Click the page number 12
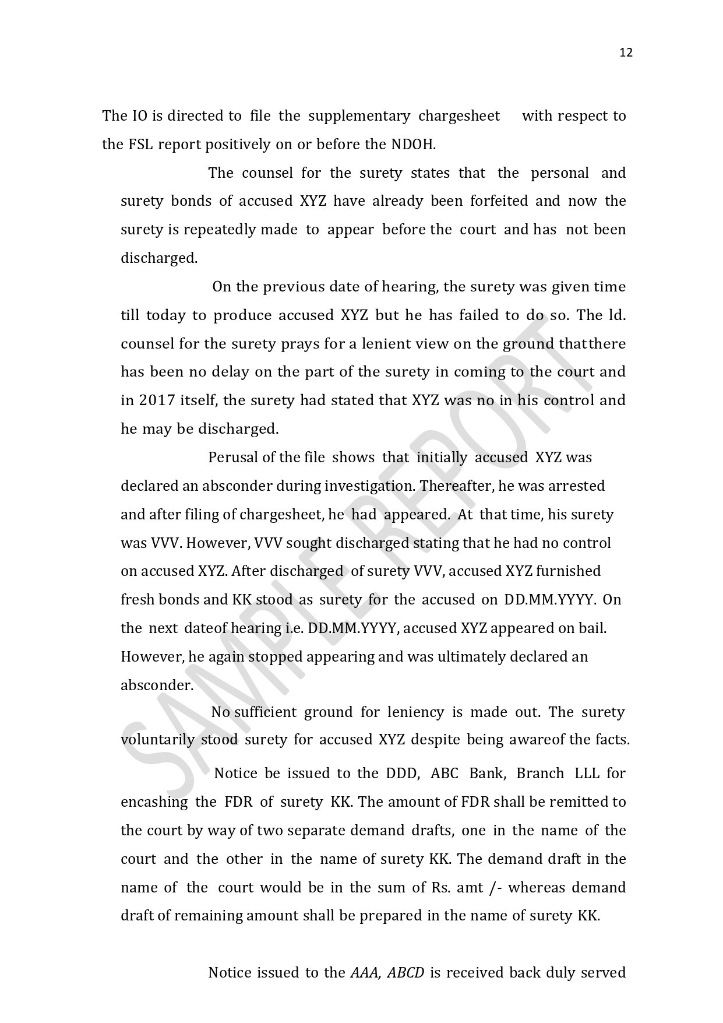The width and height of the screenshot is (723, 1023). (626, 53)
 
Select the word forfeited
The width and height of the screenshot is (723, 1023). (499, 201)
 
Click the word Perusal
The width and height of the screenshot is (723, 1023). (233, 458)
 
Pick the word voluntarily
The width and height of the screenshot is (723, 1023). (157, 740)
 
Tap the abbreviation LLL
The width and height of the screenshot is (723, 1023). (587, 774)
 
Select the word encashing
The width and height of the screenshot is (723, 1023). (154, 802)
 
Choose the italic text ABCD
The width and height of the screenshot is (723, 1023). (405, 973)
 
